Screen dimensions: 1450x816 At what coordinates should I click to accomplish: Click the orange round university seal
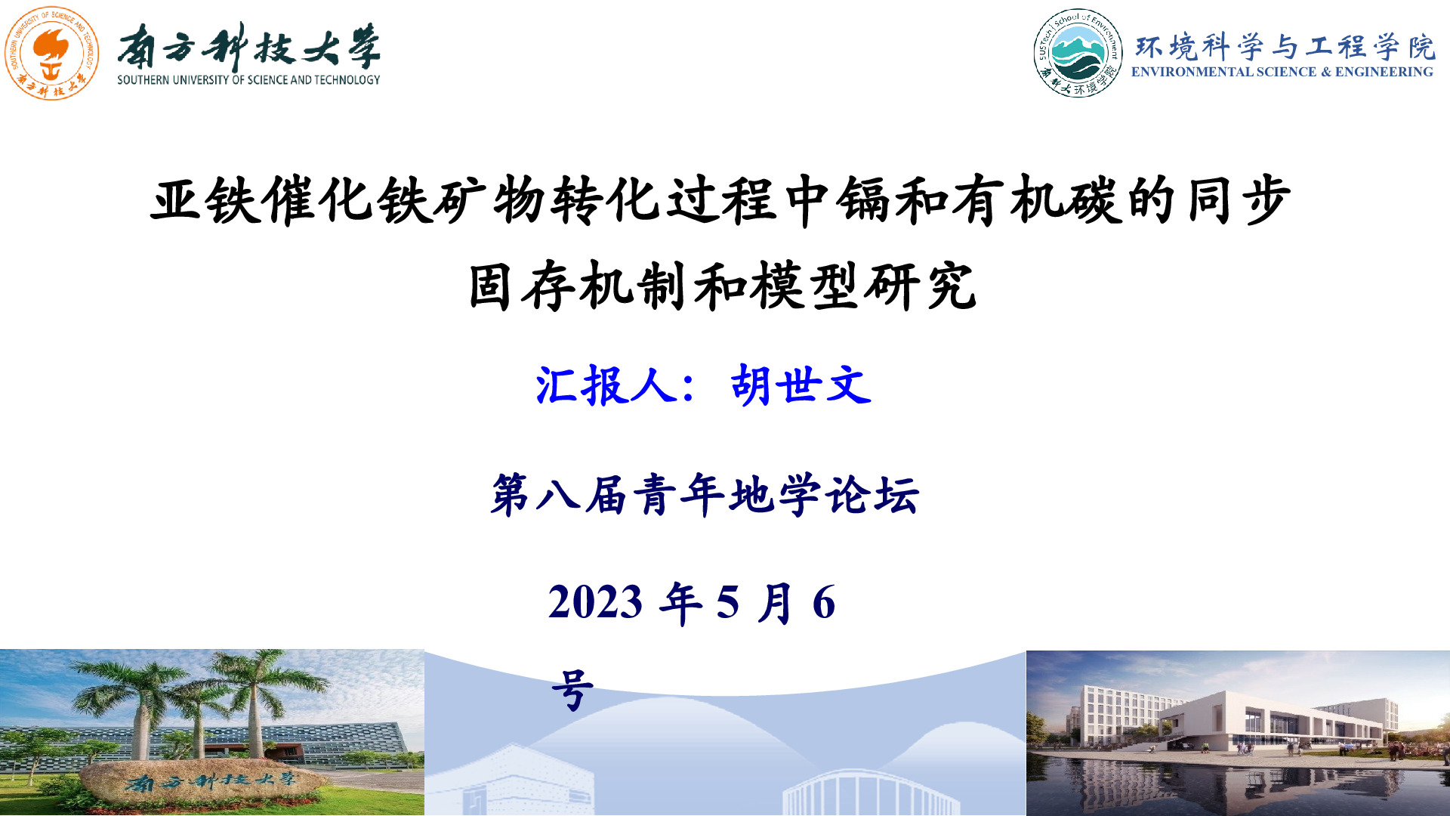51,53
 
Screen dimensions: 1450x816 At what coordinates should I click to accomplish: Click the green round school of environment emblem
1078,53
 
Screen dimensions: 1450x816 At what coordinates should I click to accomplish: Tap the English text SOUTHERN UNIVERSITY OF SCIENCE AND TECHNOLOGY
248,79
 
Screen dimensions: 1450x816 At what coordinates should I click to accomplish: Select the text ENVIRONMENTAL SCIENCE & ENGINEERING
1282,72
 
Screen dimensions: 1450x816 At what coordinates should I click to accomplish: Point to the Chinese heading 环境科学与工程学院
1285,47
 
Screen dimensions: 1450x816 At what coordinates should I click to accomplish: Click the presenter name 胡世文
801,385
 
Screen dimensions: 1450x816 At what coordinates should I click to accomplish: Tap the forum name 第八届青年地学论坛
705,495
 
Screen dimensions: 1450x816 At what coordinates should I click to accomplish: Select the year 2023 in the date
595,602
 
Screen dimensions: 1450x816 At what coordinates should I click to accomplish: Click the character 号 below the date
572,690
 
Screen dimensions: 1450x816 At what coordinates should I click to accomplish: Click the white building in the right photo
1239,721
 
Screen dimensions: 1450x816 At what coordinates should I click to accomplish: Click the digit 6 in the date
824,602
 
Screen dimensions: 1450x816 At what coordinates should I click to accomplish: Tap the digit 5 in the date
727,602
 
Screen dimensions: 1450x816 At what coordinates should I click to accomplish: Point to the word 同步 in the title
1239,199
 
